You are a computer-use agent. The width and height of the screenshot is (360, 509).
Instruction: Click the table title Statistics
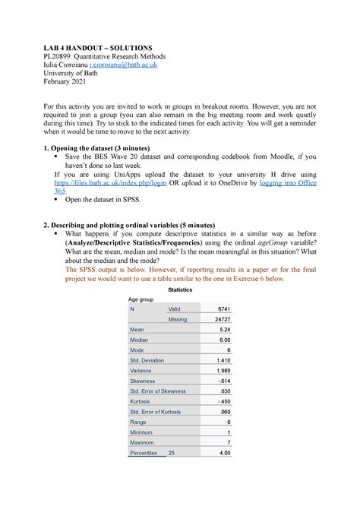[x=179, y=289]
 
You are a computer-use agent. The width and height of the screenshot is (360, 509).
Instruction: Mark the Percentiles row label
[x=144, y=453]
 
